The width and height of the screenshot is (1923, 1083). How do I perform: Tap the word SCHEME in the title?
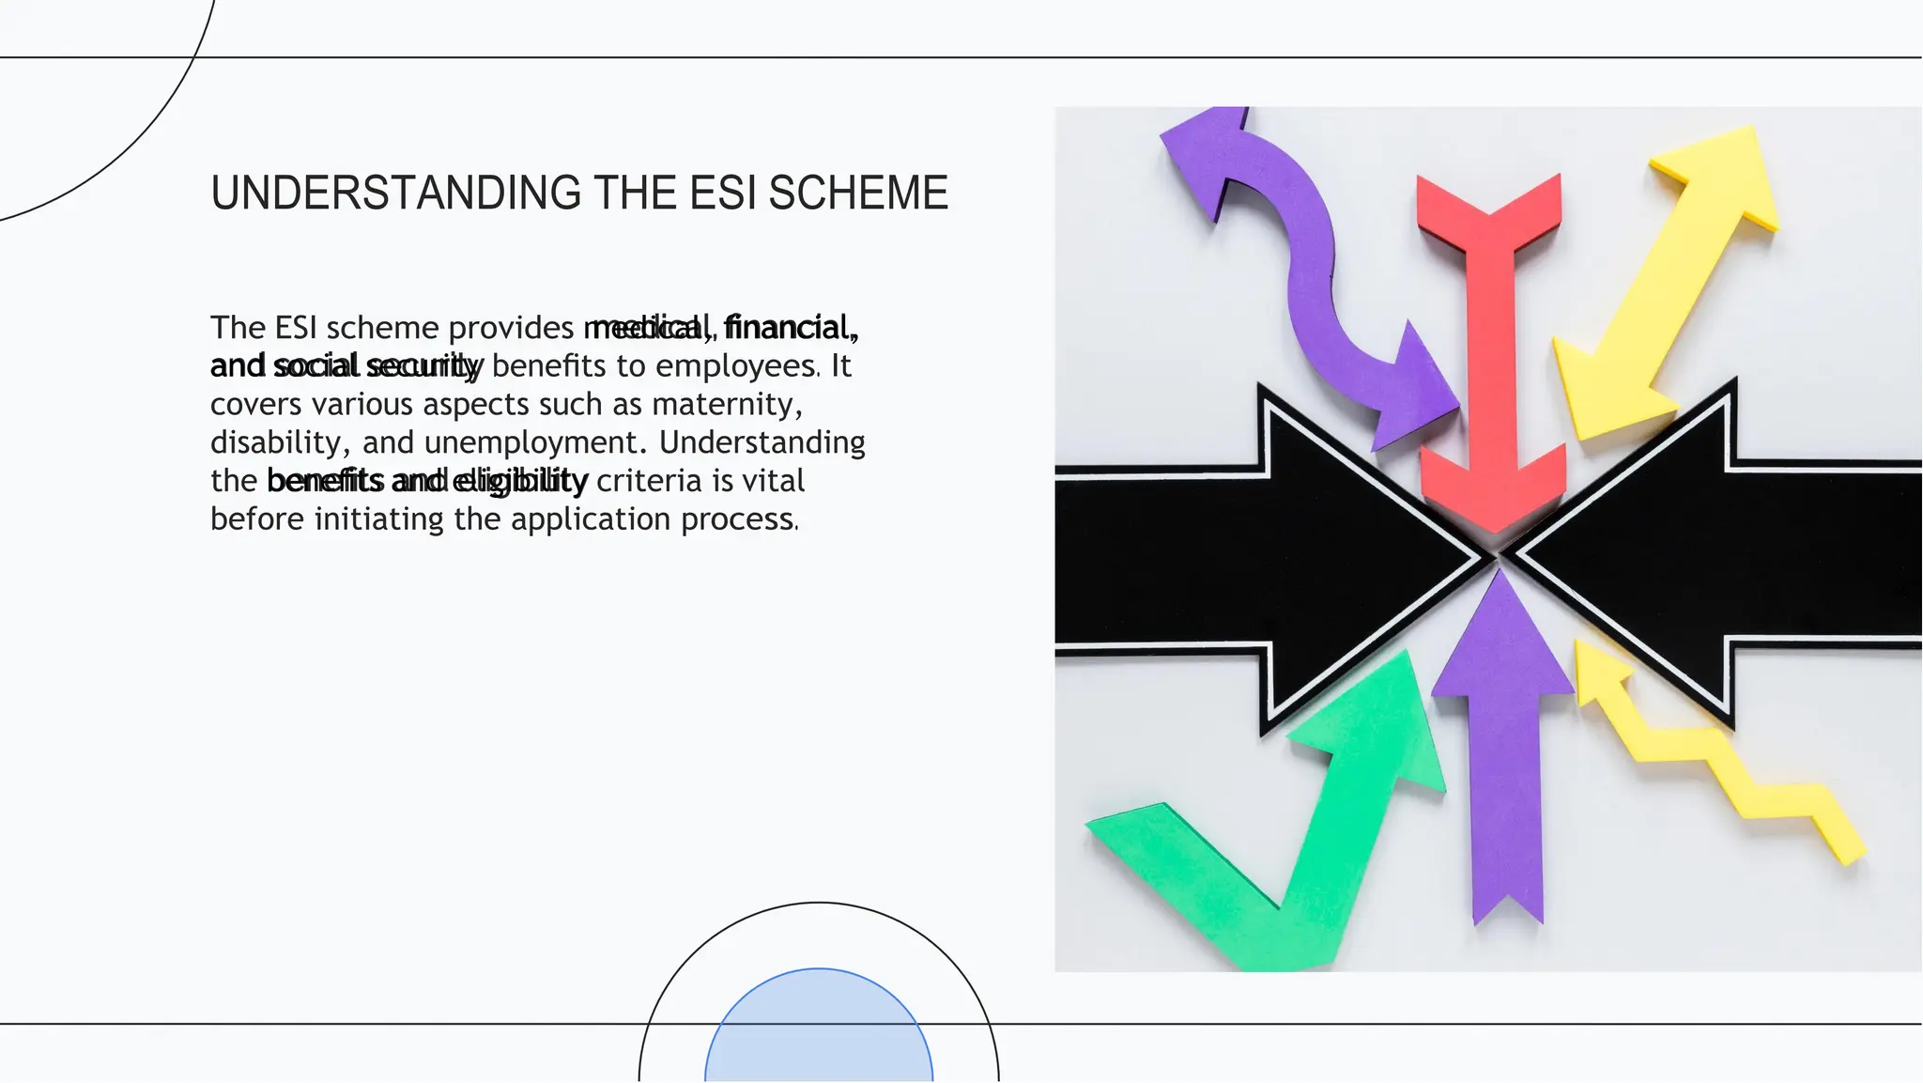[x=858, y=193]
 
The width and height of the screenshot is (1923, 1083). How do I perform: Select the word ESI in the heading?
[x=722, y=193]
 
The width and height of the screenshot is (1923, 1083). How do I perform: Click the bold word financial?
[x=790, y=328]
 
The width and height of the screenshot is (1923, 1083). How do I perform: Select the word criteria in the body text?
[x=649, y=482]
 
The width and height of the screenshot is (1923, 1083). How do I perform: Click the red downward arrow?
[x=1491, y=357]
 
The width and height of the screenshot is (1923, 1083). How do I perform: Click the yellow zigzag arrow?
[x=1718, y=751]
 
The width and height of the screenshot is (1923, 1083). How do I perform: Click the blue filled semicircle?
[x=819, y=1029]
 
